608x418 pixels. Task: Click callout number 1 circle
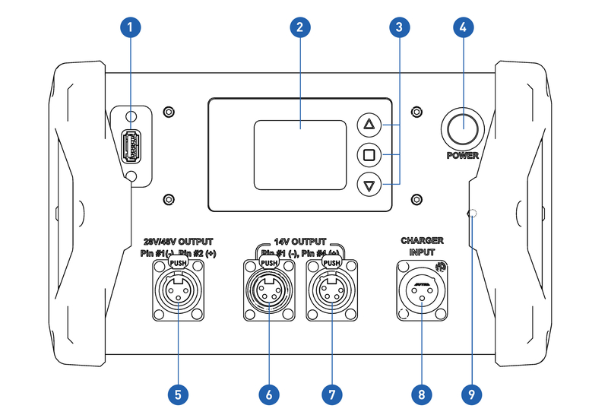tap(131, 28)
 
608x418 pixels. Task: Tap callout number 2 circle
tap(301, 28)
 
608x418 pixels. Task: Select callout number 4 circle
tap(463, 28)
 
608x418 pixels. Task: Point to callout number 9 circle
tap(471, 394)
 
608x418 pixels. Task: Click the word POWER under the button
tap(463, 155)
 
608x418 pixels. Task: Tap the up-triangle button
tap(369, 125)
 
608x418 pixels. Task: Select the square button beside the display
tap(369, 155)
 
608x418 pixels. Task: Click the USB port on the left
tap(132, 144)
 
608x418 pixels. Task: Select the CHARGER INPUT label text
tap(422, 245)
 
